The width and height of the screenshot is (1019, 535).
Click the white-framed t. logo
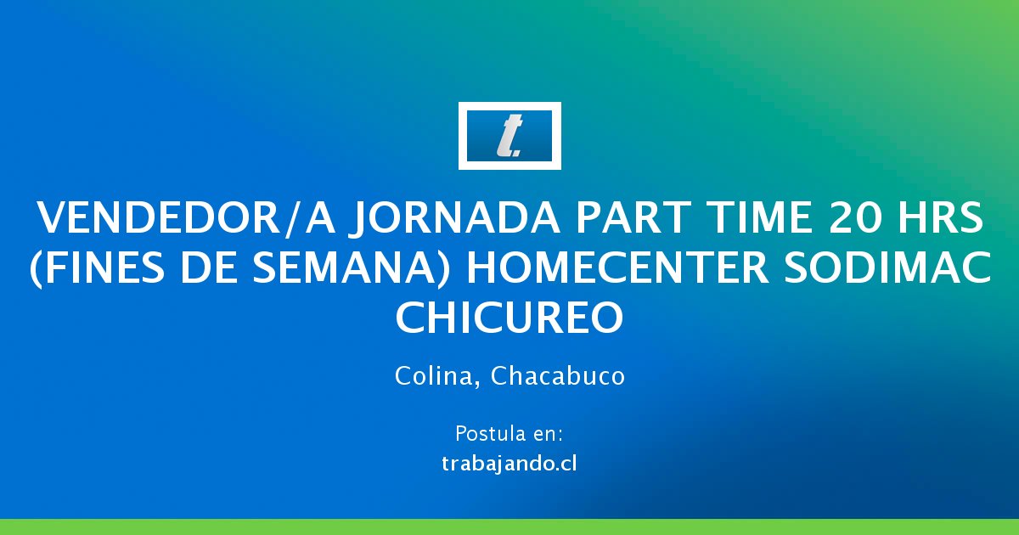click(x=509, y=136)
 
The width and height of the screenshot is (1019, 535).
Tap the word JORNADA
click(x=454, y=219)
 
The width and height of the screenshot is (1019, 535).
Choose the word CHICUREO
click(x=509, y=317)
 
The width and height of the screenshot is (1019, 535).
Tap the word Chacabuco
click(x=558, y=375)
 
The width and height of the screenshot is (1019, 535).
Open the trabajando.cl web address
click(x=509, y=464)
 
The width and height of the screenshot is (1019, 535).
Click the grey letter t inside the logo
click(x=509, y=136)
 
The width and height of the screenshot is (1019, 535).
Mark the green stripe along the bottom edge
click(x=509, y=527)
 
